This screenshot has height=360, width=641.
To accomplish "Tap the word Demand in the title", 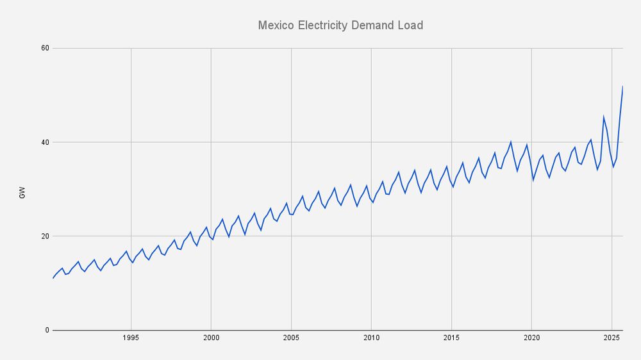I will [x=374, y=26].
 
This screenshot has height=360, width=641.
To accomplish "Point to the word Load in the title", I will [x=411, y=26].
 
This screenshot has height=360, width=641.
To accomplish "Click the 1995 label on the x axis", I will [x=131, y=338].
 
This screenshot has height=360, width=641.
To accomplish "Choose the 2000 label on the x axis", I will [x=211, y=338].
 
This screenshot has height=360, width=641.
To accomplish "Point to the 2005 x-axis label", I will [x=291, y=338].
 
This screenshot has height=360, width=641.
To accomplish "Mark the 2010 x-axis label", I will [x=371, y=338].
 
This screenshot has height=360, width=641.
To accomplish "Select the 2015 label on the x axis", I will [x=451, y=338].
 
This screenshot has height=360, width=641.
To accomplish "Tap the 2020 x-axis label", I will [x=531, y=338].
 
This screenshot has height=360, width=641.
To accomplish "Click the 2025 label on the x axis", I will [x=612, y=338].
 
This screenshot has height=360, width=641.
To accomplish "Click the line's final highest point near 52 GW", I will [x=622, y=86].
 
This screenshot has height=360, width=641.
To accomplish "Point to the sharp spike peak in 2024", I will [x=603, y=117].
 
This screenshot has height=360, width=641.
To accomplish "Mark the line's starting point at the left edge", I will [x=53, y=278].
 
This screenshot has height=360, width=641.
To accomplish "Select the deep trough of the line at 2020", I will [x=533, y=180].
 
